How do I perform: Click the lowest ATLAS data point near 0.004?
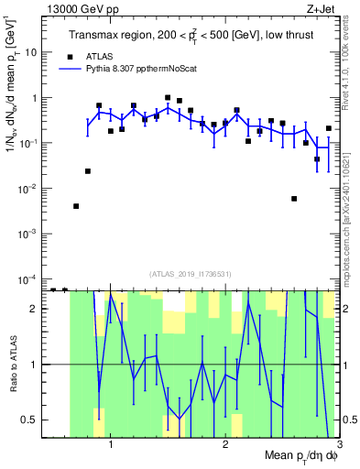[76, 206]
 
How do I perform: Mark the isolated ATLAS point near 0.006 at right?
[294, 199]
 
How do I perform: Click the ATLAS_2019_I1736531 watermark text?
[191, 273]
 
